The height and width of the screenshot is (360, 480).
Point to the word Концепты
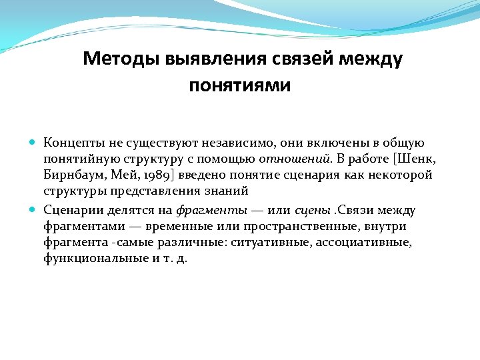tap(72, 143)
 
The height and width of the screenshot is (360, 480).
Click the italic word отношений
tap(295, 159)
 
